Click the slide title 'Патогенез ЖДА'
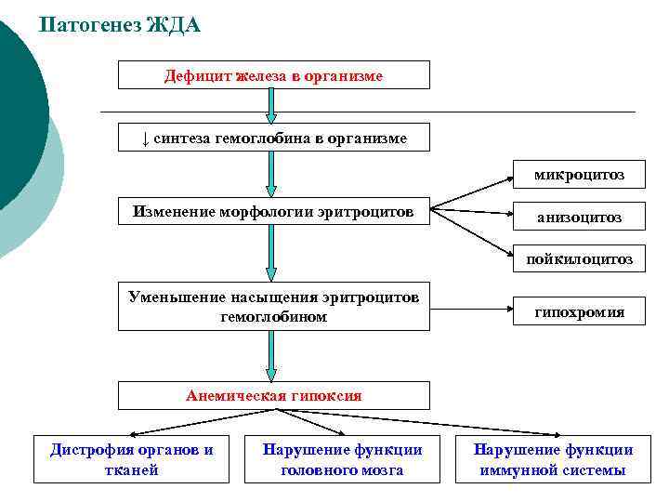coord(121,25)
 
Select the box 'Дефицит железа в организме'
coord(273,75)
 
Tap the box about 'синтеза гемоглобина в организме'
coord(273,138)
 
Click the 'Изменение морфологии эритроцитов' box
coord(273,211)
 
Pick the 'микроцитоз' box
coord(578,174)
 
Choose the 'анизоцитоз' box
coord(578,218)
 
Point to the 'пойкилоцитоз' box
coord(578,259)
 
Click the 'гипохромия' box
coord(578,312)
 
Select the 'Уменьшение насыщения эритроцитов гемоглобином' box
coord(273,306)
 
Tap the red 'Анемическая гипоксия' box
coord(273,395)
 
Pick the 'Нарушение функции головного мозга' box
coord(342,459)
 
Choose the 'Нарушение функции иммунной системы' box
coord(553,459)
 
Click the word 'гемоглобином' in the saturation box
coord(273,317)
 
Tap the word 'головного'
coord(317,470)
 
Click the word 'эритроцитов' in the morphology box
coord(368,211)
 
